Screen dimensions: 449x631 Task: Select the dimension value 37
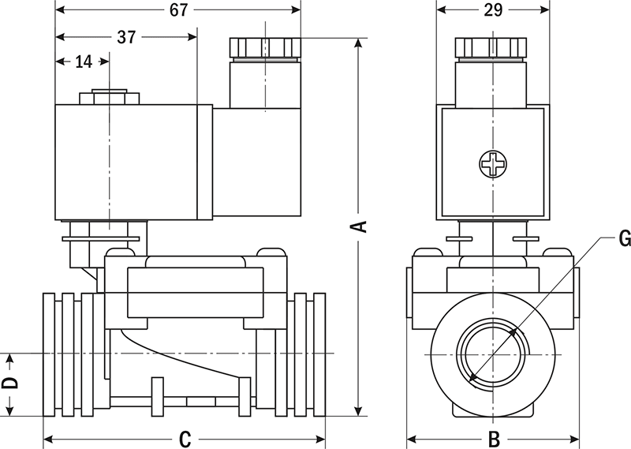coord(126,36)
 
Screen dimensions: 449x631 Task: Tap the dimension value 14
coord(84,62)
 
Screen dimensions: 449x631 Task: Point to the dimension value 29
coord(493,10)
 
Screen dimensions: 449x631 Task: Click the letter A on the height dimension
coord(359,226)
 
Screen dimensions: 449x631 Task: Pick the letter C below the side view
coord(185,439)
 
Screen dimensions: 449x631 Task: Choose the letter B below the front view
coord(493,439)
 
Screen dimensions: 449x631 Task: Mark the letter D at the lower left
coord(10,384)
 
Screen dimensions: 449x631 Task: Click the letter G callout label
coord(624,238)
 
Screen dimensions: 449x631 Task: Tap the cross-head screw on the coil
coord(493,164)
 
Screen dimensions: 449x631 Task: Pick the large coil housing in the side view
coord(130,162)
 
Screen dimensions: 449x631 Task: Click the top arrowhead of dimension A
coord(359,42)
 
